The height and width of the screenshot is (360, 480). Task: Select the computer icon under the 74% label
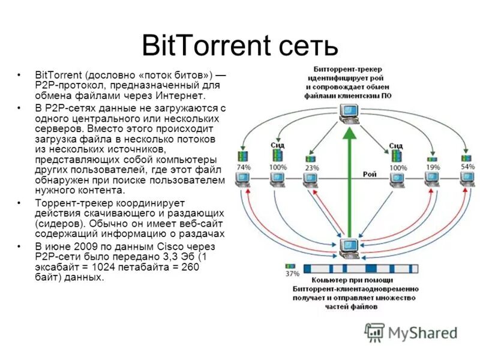(243, 178)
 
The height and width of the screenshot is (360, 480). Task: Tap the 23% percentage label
(311, 168)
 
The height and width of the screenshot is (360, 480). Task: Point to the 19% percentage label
(432, 167)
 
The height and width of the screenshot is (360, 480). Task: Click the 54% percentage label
(467, 166)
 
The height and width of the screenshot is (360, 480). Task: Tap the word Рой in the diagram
(370, 174)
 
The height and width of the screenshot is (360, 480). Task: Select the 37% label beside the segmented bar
(292, 274)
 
